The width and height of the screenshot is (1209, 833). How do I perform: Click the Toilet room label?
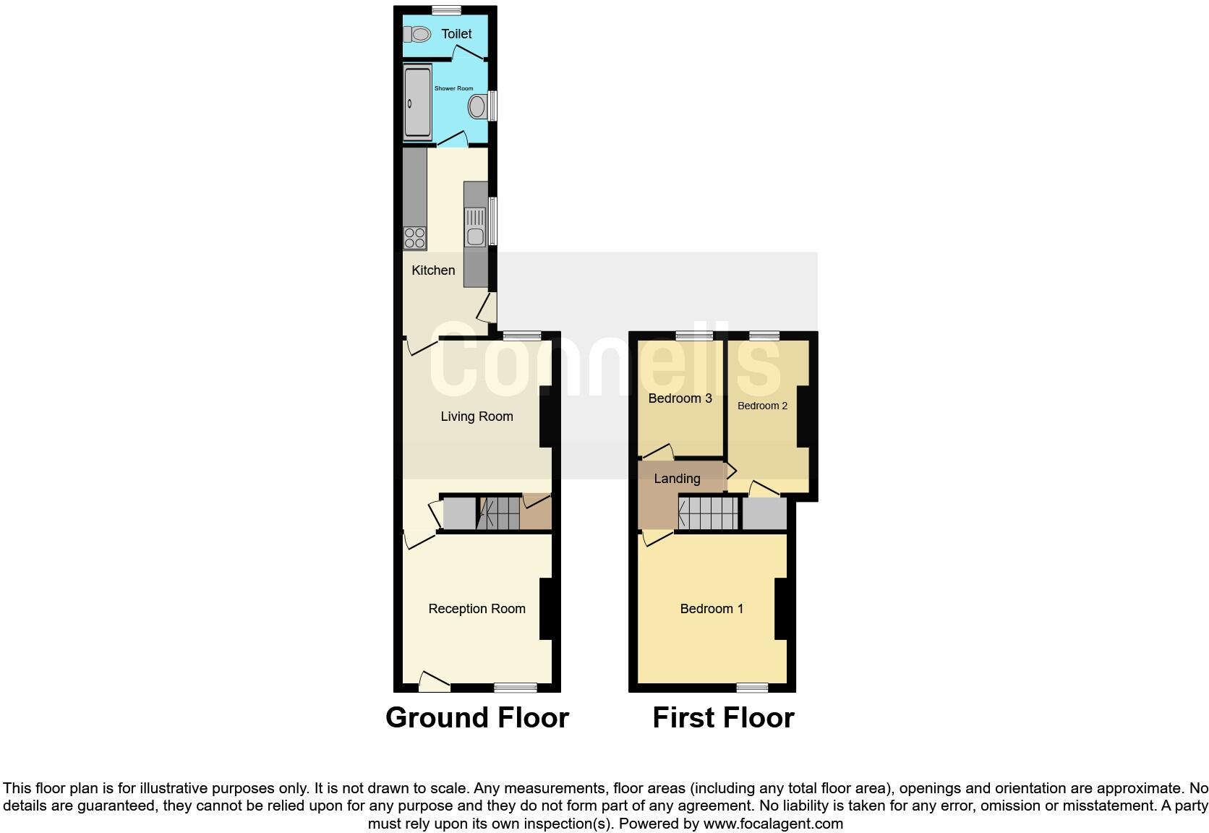[456, 34]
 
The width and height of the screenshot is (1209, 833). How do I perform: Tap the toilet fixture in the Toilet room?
[417, 33]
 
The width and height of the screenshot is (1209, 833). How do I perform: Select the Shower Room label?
[453, 88]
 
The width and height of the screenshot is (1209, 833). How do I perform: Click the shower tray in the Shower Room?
[417, 102]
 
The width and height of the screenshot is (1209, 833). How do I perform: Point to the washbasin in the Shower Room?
[477, 108]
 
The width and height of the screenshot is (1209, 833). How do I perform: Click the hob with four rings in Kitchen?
[414, 238]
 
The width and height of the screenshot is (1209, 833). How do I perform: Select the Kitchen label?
[433, 270]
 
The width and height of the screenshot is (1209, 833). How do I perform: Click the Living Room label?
[477, 416]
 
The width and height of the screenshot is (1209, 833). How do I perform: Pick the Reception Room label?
[477, 609]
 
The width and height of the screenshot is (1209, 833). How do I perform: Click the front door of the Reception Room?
[434, 681]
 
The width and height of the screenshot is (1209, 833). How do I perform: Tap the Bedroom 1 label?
[712, 609]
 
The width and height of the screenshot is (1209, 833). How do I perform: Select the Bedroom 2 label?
[762, 406]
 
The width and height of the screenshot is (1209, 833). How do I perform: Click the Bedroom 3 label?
[680, 398]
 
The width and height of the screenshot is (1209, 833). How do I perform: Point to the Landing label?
[677, 479]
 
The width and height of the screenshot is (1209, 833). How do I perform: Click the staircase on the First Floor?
[708, 513]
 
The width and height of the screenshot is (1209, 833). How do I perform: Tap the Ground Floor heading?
[477, 717]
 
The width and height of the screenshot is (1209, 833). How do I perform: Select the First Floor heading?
[723, 717]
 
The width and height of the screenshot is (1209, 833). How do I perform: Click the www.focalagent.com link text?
[773, 824]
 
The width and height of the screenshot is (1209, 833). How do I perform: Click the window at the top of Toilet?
[447, 9]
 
